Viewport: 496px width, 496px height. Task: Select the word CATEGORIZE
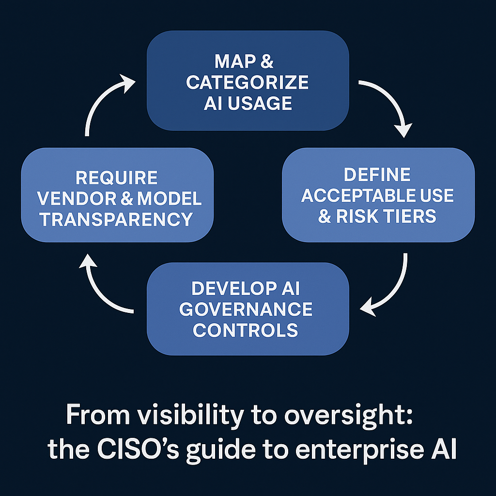[x=248, y=82]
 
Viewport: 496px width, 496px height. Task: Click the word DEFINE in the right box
[x=377, y=175]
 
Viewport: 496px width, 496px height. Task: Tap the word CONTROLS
[x=246, y=330]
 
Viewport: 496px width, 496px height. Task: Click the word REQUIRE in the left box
[x=117, y=178]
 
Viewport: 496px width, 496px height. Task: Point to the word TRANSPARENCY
[x=117, y=219]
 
